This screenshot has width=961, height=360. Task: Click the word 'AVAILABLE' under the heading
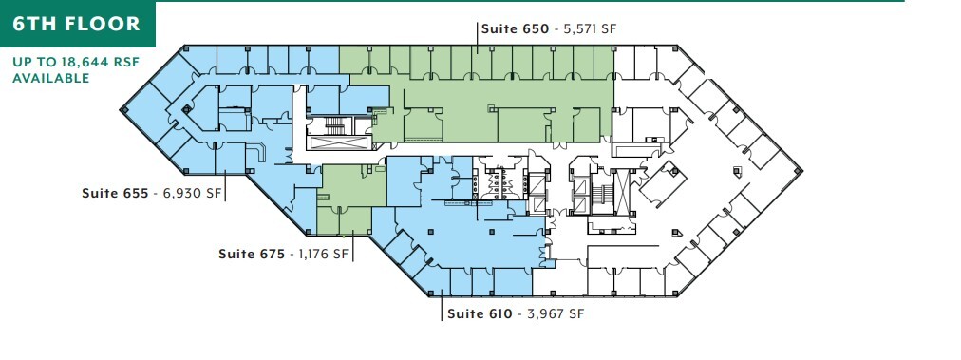pos(50,78)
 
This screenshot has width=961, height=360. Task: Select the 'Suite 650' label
pos(515,29)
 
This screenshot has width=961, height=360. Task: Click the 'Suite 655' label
pos(115,194)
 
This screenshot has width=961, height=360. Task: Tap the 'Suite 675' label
pos(252,254)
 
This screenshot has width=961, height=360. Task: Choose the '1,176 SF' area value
pos(325,254)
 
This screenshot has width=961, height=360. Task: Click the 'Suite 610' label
pos(480,313)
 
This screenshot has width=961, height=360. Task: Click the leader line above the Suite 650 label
pos(476,36)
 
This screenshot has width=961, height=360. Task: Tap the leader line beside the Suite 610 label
pos(442,307)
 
